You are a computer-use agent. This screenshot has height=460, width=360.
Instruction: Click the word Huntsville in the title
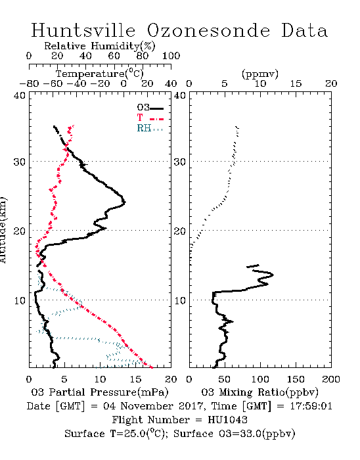[x=83, y=30]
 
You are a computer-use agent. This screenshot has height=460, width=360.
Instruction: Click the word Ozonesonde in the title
[x=208, y=30]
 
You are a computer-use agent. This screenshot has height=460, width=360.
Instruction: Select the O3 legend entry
[x=150, y=107]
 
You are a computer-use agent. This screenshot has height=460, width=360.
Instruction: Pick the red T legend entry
[x=150, y=118]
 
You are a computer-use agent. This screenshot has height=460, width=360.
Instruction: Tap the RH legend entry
[x=150, y=128]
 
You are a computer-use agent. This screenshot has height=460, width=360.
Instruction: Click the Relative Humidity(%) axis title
[x=100, y=46]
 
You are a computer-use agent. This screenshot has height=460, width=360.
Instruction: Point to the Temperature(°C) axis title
[x=100, y=74]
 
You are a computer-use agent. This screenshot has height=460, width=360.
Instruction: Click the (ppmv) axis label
[x=260, y=74]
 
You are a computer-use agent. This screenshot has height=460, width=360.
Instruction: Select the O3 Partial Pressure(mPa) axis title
[x=100, y=392]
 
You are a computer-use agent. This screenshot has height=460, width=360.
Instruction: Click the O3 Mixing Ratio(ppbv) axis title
[x=259, y=392]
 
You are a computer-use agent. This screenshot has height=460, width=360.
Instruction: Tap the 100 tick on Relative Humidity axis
[x=171, y=56]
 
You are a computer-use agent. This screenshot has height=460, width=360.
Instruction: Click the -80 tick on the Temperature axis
[x=29, y=84]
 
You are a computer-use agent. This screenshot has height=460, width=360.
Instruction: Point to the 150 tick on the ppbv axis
[x=296, y=379]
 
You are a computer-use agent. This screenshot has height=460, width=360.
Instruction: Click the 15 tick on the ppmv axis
[x=296, y=84]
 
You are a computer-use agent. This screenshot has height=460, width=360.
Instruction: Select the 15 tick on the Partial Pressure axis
[x=135, y=379]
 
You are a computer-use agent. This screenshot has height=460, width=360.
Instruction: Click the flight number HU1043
[x=227, y=420]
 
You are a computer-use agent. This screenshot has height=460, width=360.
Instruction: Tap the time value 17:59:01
[x=311, y=406]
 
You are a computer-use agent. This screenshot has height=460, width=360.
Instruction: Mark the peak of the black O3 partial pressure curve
[x=125, y=202]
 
